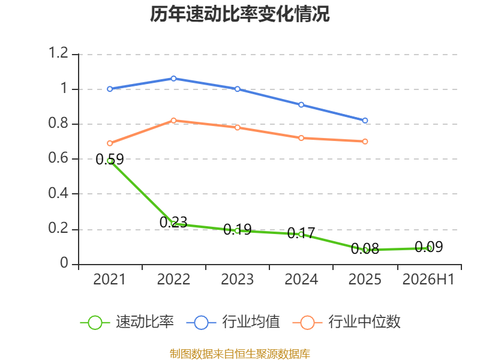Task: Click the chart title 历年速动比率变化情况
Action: pos(239,14)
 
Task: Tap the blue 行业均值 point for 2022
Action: pos(173,79)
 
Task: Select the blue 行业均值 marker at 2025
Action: pos(365,121)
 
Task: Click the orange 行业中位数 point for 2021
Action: pos(110,143)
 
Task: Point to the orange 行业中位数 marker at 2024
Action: pos(301,138)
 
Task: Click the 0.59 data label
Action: pos(110,159)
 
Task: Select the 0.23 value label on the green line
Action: pos(173,222)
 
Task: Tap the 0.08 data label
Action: pos(365,248)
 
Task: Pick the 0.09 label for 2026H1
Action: pos(428,247)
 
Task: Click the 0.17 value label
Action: pos(301,233)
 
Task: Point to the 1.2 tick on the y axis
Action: pos(58,53)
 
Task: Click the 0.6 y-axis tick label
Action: pos(58,158)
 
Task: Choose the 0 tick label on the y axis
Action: pos(64,263)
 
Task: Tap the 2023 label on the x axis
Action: pos(237,280)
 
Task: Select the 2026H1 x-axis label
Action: pos(428,280)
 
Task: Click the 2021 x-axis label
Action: pos(109,280)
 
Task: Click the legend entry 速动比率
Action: pos(145,322)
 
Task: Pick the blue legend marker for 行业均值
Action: pos(201,323)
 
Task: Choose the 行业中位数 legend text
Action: pos(364,322)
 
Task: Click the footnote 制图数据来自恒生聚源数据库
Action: pos(239,354)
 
